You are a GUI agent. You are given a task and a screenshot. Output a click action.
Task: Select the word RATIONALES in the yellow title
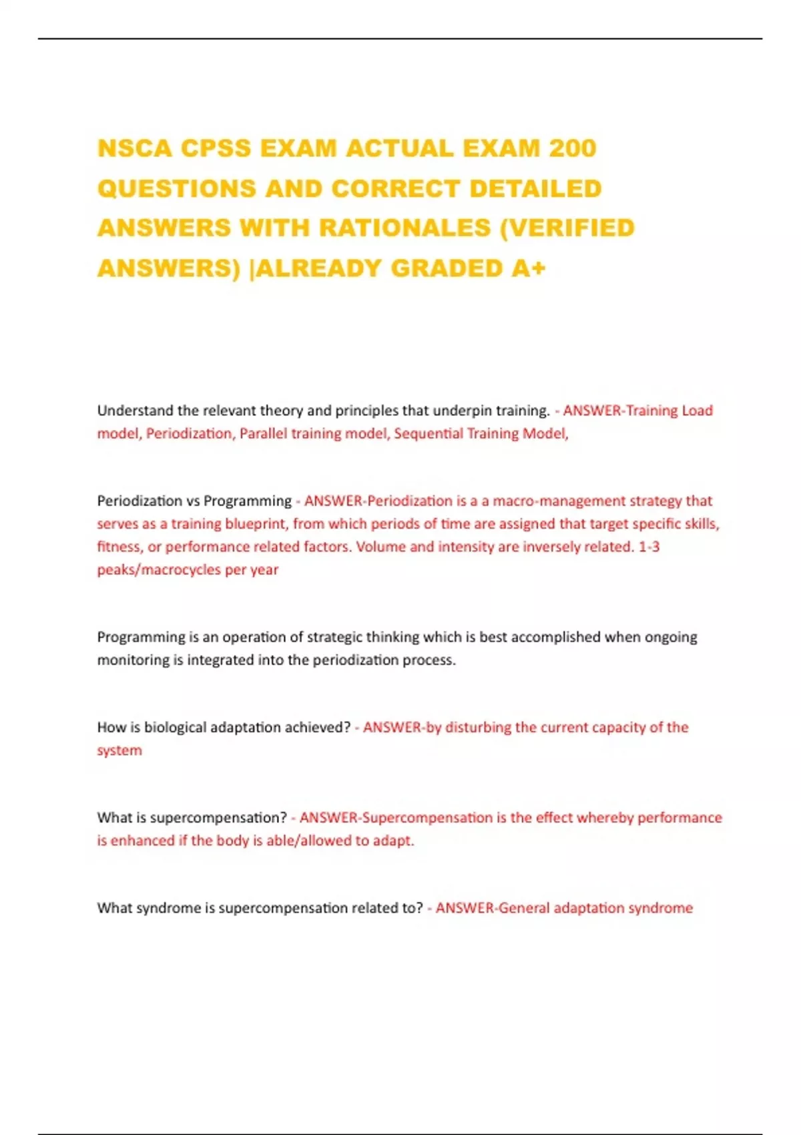(405, 228)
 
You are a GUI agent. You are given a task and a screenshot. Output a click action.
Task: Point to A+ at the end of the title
(529, 268)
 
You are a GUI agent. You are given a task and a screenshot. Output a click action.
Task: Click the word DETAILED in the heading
(535, 188)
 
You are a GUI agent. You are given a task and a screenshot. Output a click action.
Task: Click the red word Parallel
(262, 434)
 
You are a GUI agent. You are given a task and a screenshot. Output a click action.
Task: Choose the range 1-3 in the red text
(649, 547)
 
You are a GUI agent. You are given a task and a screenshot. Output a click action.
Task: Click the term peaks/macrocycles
(159, 570)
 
